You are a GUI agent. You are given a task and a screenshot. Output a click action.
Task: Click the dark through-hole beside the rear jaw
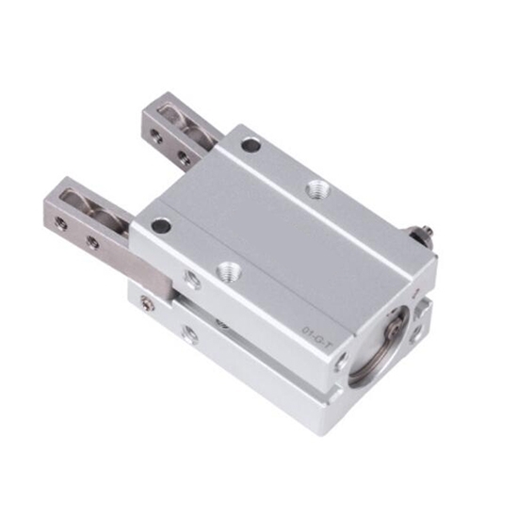[x=251, y=146]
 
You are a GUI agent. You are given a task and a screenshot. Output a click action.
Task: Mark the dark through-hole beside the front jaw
[x=161, y=226]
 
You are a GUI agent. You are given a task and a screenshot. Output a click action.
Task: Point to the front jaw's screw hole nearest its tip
[x=61, y=224]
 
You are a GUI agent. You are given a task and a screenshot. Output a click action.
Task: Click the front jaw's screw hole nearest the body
[x=92, y=243]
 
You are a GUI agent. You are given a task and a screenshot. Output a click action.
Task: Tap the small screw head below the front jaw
[x=146, y=303]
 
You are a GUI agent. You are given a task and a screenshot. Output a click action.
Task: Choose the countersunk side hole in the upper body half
[x=192, y=281]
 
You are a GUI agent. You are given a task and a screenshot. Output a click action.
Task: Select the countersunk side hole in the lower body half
[x=191, y=334]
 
